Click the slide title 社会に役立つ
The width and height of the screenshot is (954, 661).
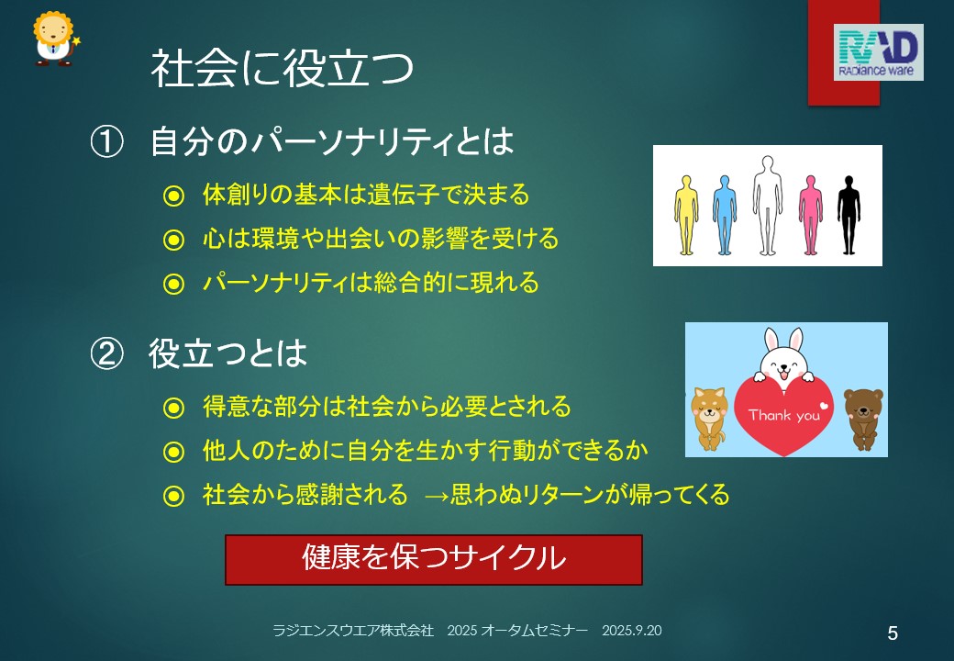point(283,68)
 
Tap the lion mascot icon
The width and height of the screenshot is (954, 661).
point(56,39)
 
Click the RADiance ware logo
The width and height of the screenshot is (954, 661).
point(878,52)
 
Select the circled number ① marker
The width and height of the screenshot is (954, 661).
point(106,141)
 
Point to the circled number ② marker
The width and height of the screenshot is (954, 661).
point(106,353)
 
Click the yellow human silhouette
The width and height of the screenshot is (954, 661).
point(686,215)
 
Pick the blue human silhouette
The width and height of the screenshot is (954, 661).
point(724,215)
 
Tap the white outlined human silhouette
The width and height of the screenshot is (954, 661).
point(767,206)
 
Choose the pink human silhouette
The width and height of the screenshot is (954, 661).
point(810,215)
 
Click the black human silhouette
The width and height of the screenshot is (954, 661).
point(849,215)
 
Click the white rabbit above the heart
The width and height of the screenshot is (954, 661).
point(783,356)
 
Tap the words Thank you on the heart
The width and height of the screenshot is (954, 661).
point(784,416)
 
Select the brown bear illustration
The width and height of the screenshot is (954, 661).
point(863,418)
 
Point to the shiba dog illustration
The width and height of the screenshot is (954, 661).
point(709,418)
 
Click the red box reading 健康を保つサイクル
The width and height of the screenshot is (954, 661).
point(434,560)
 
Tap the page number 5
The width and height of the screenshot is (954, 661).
point(893,633)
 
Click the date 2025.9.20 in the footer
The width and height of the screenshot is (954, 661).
point(631,631)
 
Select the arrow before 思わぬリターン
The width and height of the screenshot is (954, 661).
point(437,496)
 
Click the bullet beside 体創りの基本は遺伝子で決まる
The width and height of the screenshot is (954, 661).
point(173,196)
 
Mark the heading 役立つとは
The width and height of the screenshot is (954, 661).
point(227,353)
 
